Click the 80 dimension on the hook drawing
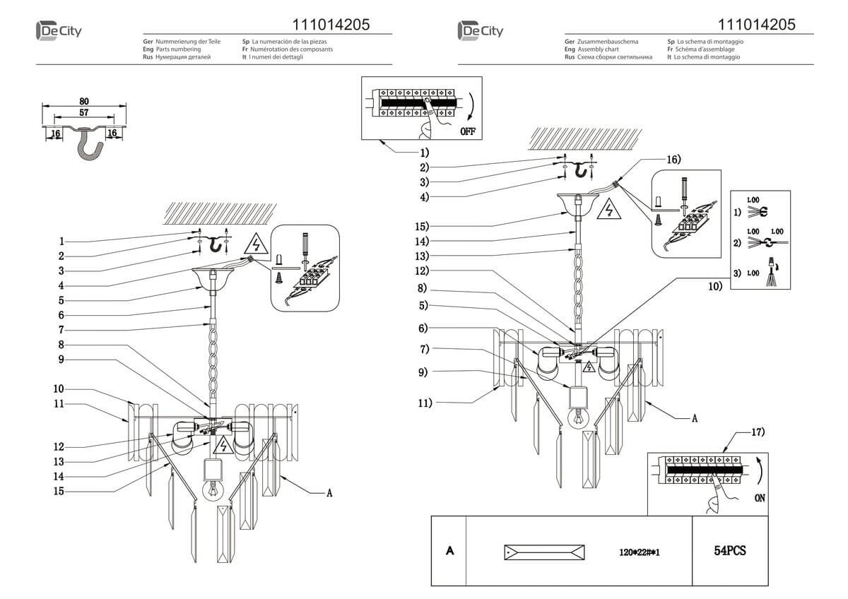coord(84,101)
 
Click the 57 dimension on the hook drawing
coord(84,112)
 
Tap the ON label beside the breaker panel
coord(759,498)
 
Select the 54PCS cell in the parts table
coord(730,551)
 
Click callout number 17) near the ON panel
coord(758,431)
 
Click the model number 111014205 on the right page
coord(756,25)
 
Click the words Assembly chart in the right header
coord(598,50)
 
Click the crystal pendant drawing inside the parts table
coord(544,552)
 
